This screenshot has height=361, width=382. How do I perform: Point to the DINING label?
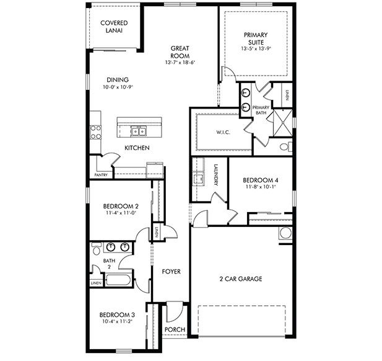[117, 80]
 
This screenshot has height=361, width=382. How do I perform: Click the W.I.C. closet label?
[224, 132]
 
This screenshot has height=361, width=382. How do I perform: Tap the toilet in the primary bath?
[284, 147]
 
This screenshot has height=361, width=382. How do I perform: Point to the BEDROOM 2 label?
[120, 206]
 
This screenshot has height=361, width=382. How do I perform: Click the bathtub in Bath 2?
[116, 280]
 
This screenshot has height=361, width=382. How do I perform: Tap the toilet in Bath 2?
[96, 249]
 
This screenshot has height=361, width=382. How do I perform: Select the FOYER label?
[171, 272]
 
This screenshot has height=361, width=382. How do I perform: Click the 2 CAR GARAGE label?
[240, 279]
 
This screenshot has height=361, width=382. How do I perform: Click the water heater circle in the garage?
[285, 233]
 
